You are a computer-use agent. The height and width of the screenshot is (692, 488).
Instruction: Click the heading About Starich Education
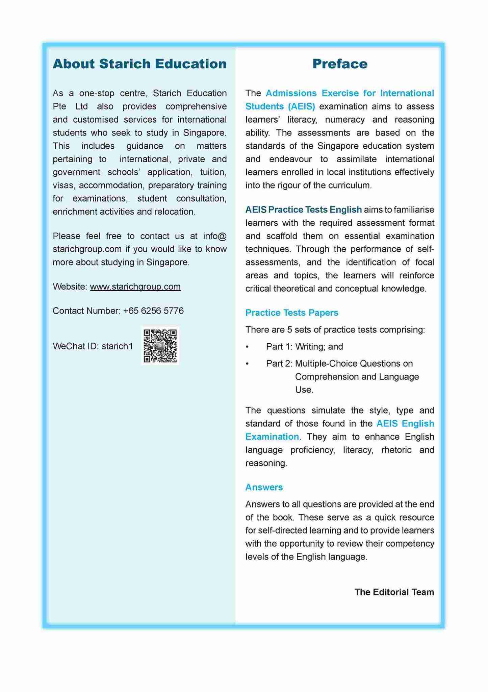click(139, 64)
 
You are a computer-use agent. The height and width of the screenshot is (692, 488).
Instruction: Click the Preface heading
click(339, 64)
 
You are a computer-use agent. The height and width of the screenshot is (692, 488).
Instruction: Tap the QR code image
click(160, 346)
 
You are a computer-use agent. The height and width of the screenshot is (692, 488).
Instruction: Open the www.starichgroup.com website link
click(135, 287)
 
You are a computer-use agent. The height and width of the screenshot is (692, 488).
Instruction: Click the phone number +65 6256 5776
click(153, 311)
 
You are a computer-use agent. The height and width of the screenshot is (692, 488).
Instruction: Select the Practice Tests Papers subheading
click(291, 313)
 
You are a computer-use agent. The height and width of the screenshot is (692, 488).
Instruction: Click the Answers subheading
click(264, 487)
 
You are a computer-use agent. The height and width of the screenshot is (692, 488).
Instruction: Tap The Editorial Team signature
click(394, 592)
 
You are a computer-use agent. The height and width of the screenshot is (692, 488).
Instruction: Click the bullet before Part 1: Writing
click(247, 347)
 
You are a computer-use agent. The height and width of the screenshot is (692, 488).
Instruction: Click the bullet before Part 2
click(247, 364)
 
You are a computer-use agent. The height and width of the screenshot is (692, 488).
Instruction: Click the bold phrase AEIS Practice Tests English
click(303, 209)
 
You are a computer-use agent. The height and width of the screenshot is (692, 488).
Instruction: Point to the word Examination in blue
click(272, 437)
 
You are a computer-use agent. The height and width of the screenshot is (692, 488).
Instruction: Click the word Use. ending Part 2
click(304, 390)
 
